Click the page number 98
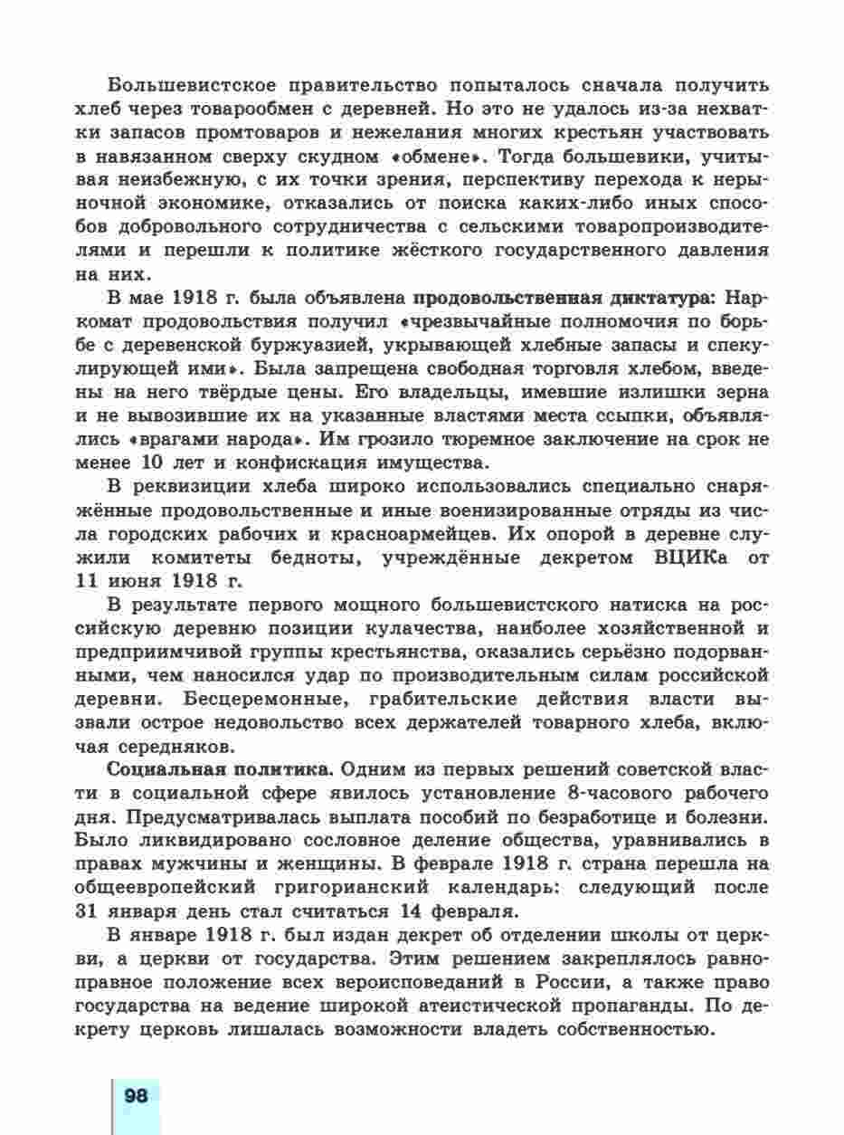pos(136,1095)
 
